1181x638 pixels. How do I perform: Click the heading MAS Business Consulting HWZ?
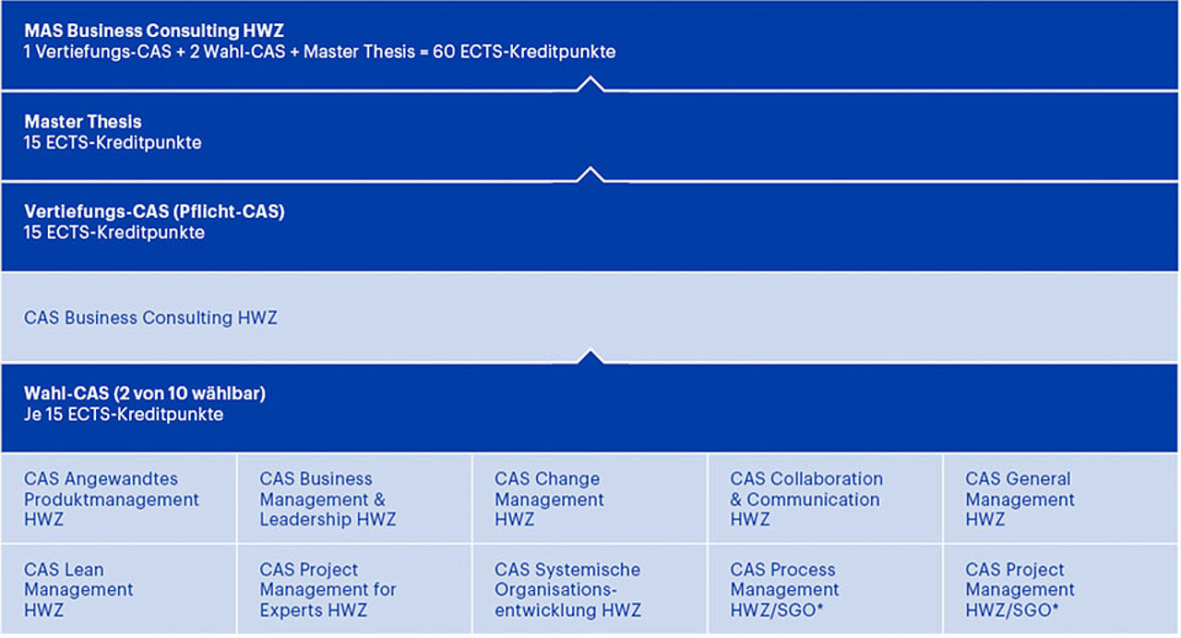tap(154, 30)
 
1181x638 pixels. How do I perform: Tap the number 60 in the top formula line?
tap(444, 52)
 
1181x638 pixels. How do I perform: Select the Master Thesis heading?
tap(83, 122)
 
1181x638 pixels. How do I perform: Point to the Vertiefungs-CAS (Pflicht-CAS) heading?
tap(154, 211)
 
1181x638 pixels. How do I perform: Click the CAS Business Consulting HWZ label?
tap(150, 318)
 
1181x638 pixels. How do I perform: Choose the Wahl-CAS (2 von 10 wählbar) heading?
tap(145, 393)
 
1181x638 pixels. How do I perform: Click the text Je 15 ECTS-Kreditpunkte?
tap(124, 415)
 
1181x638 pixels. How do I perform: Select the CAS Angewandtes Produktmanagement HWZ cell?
tap(119, 499)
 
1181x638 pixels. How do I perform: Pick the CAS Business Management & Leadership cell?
tap(354, 499)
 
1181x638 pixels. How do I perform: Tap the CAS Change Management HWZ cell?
tap(590, 499)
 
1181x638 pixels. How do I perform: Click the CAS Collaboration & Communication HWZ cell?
tap(825, 499)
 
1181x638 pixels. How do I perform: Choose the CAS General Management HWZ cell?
tap(1061, 499)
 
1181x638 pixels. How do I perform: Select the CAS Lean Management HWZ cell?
tap(119, 589)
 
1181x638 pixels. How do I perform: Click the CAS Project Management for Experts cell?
tap(354, 589)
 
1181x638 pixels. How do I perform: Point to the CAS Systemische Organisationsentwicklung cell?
tap(590, 589)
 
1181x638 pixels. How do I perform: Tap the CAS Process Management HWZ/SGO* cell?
tap(825, 589)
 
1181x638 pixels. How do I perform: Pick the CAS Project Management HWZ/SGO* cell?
tap(1061, 589)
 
